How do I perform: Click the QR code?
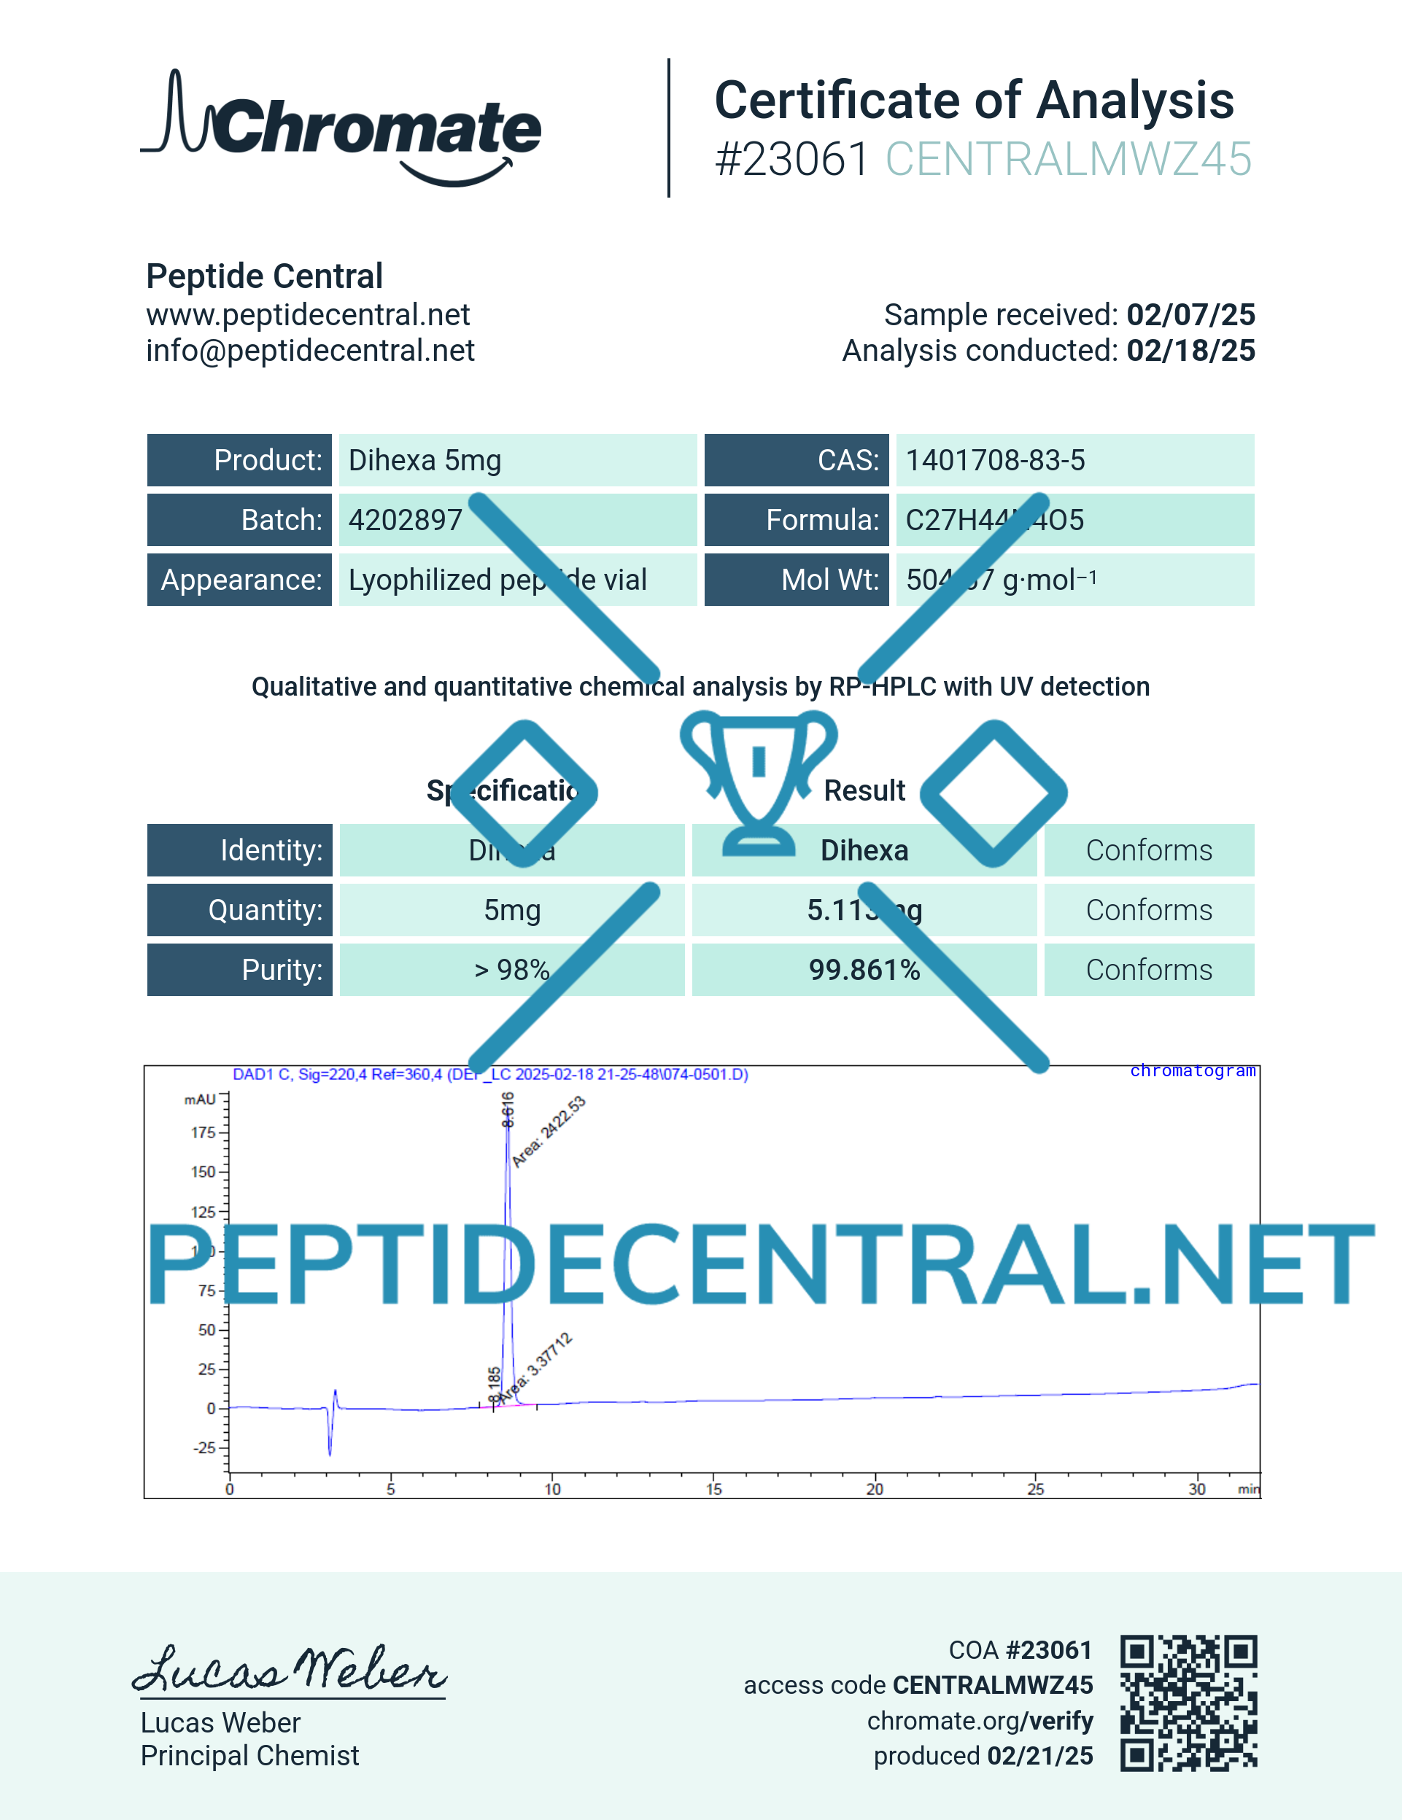[1188, 1702]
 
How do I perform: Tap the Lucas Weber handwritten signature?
[290, 1668]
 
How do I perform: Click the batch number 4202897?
[405, 520]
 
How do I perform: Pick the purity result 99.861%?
[864, 970]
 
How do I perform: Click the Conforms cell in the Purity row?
[1149, 970]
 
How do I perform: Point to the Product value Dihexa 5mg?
[425, 460]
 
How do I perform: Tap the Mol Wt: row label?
[829, 580]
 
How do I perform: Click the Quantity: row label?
[265, 910]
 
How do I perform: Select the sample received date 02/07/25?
[1190, 315]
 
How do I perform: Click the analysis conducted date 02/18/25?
[1190, 351]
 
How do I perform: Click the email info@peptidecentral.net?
[310, 351]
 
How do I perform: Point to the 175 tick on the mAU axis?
[204, 1132]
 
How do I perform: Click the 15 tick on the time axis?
[714, 1488]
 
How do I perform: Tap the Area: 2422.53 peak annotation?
[549, 1131]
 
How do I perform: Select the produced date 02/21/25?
[1039, 1756]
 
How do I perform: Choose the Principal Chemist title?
[249, 1756]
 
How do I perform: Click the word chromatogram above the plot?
[1192, 1071]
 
